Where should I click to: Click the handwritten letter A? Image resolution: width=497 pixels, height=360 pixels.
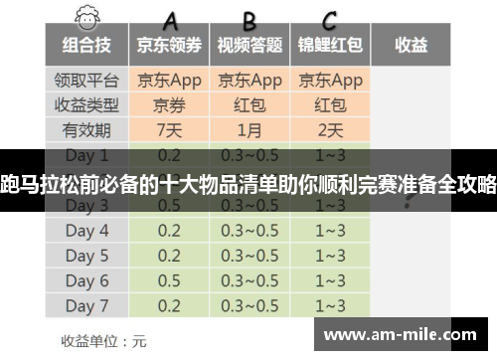click(x=171, y=19)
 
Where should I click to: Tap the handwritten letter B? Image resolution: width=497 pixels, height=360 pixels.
click(x=249, y=19)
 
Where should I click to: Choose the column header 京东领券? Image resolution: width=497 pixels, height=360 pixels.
click(x=169, y=45)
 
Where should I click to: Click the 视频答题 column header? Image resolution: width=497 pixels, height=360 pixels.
click(x=250, y=45)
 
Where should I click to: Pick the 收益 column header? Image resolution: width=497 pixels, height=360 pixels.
click(x=411, y=45)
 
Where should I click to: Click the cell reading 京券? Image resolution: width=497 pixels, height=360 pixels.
click(x=169, y=104)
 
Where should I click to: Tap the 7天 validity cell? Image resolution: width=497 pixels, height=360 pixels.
click(x=169, y=130)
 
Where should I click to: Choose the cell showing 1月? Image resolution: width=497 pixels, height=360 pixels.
click(x=250, y=130)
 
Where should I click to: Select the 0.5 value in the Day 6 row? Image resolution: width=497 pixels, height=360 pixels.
click(x=169, y=280)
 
